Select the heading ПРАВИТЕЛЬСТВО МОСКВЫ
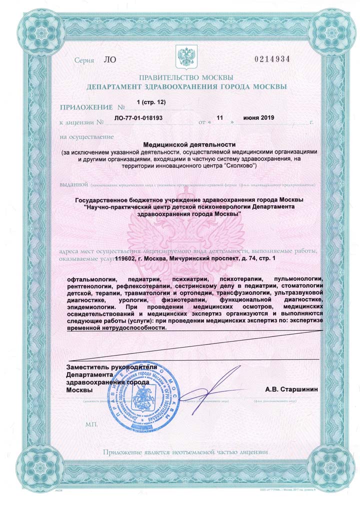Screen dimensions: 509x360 click(186, 77)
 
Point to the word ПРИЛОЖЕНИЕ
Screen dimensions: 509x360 click(86, 107)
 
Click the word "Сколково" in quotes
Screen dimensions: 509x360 click(239, 165)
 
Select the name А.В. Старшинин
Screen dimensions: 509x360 click(291, 388)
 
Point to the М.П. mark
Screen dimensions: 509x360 click(92, 424)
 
